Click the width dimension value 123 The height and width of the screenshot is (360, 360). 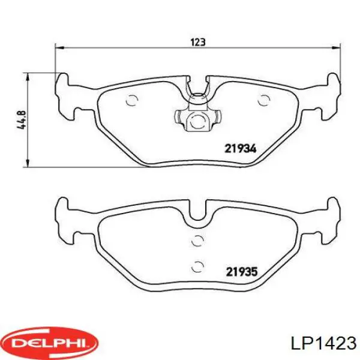pyautogui.click(x=198, y=42)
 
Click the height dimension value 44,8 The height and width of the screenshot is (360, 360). pyautogui.click(x=22, y=120)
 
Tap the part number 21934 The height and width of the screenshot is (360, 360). pyautogui.click(x=241, y=149)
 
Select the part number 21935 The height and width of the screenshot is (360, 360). pyautogui.click(x=242, y=272)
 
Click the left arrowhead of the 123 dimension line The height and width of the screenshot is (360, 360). pyautogui.click(x=59, y=48)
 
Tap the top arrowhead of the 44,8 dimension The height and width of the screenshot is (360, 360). pyautogui.click(x=28, y=77)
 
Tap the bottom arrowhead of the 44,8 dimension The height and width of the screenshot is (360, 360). pyautogui.click(x=28, y=163)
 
